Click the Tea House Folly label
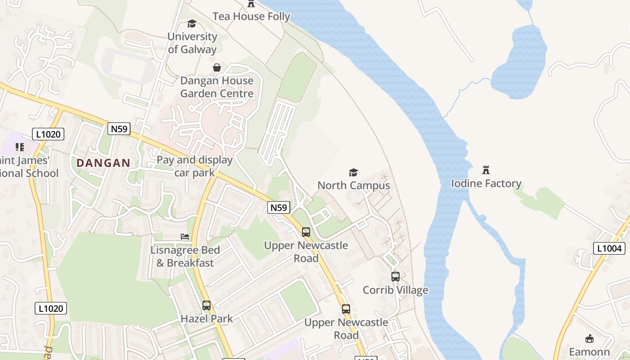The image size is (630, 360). (x=251, y=17)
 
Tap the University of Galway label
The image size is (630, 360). (x=192, y=43)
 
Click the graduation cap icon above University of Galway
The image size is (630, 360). (x=192, y=23)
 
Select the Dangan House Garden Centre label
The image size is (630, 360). (x=217, y=87)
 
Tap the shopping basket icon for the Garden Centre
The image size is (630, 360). (x=217, y=67)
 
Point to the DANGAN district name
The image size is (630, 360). (x=103, y=163)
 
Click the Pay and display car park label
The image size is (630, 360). (x=194, y=166)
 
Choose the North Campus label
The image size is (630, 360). (x=354, y=185)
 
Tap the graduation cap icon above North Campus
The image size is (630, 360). (x=354, y=172)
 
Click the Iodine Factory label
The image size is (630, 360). (x=486, y=183)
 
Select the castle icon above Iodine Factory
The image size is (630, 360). (x=486, y=170)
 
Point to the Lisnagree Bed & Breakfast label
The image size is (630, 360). (x=185, y=256)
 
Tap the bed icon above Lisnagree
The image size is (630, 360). (x=184, y=237)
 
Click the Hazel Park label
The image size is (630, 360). (x=207, y=319)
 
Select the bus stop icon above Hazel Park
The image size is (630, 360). (x=207, y=306)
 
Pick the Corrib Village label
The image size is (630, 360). (x=396, y=290)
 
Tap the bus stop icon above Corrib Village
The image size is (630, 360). (x=396, y=277)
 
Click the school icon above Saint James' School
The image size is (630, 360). (x=19, y=147)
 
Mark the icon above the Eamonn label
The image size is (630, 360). (x=589, y=338)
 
